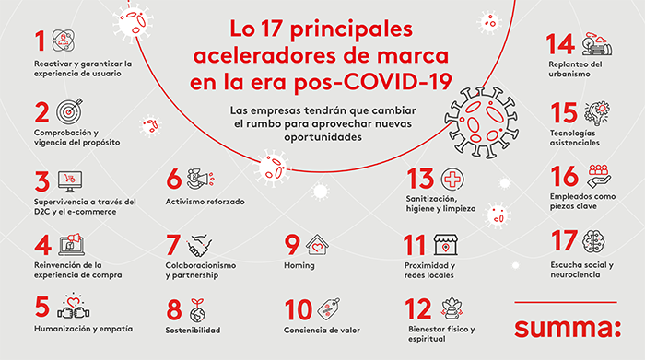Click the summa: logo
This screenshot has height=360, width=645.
568,328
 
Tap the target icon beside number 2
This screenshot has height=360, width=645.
69,111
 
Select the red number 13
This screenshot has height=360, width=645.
420,179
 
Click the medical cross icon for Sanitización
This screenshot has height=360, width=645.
452,180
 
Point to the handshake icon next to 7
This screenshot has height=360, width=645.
200,245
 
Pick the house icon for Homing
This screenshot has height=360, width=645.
317,245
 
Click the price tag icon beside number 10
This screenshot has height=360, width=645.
328,308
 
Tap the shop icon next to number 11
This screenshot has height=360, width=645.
446,245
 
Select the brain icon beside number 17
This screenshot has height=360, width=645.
593,241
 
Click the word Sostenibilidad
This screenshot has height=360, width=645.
193,330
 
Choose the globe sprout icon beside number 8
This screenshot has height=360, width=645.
198,310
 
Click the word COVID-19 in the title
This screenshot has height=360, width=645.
398,81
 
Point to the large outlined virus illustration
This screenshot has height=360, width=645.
481,122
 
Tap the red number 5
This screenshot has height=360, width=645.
42,307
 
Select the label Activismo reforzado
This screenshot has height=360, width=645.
205,202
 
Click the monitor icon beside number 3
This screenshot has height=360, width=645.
70,181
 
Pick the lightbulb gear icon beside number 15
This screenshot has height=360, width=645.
597,113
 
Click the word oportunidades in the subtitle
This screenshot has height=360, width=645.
322,137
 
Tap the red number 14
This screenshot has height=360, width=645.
560,44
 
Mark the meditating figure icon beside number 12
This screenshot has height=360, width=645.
451,308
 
